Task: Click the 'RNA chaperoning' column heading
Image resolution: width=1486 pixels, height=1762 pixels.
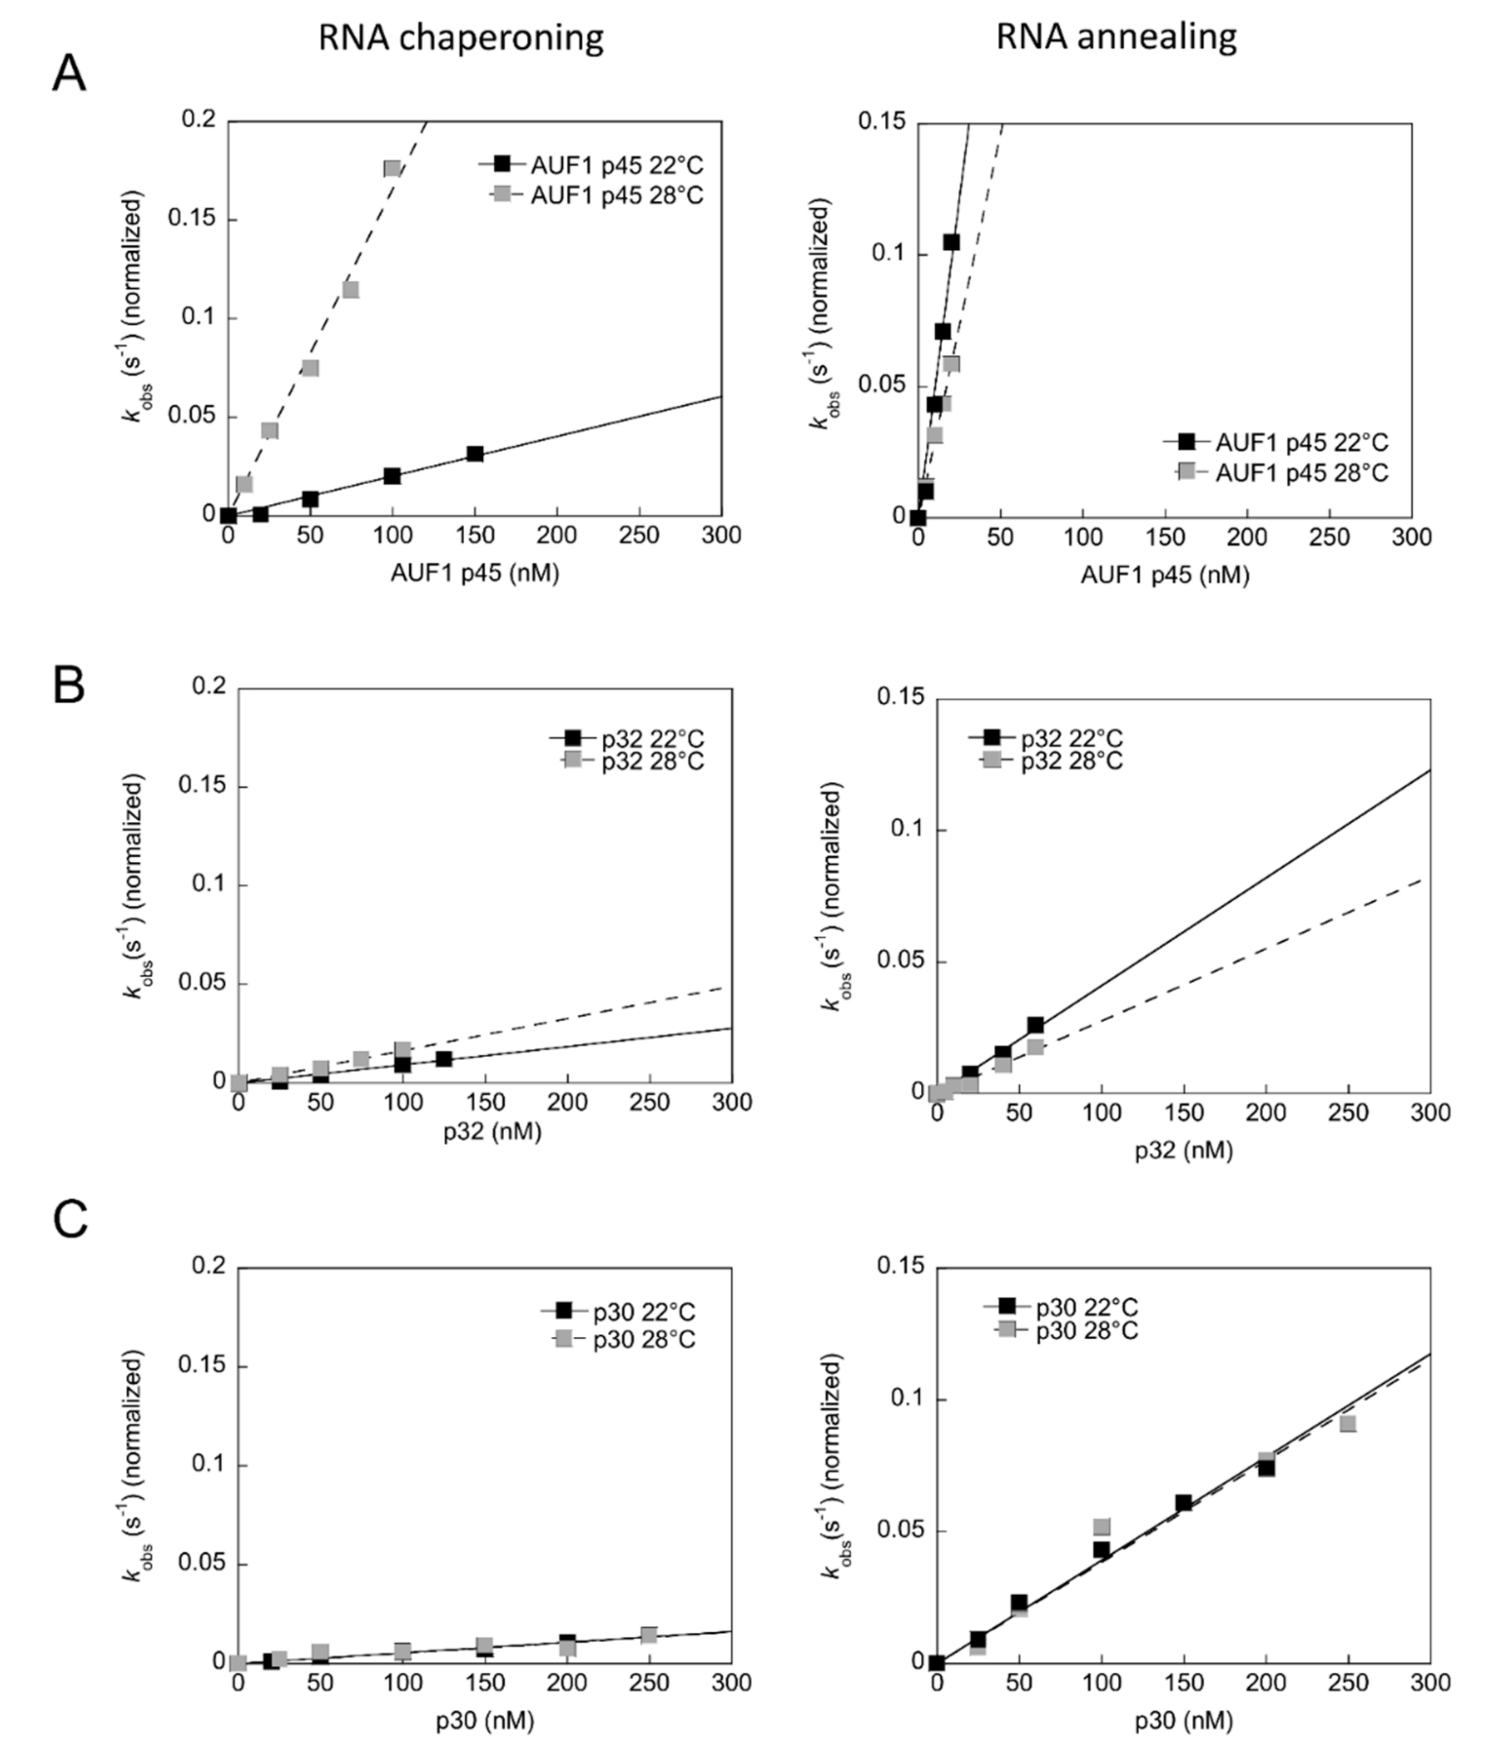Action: [x=461, y=39]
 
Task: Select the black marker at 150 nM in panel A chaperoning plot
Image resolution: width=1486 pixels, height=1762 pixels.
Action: [x=475, y=454]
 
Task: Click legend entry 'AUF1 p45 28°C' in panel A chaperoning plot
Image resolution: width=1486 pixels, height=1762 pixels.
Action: [x=616, y=196]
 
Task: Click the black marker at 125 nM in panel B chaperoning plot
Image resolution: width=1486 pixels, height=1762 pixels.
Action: [x=444, y=1059]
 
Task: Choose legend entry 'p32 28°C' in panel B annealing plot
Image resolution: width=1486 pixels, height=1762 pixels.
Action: [x=1071, y=761]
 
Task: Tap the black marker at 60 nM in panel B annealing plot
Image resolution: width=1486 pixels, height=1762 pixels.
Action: [x=1035, y=1025]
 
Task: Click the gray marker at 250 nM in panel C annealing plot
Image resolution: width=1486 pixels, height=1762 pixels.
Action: [x=1348, y=1424]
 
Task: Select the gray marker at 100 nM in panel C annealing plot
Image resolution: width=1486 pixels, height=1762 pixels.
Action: [x=1101, y=1527]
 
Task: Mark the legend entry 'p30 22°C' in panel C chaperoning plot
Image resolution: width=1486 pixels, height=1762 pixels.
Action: [x=644, y=1312]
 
